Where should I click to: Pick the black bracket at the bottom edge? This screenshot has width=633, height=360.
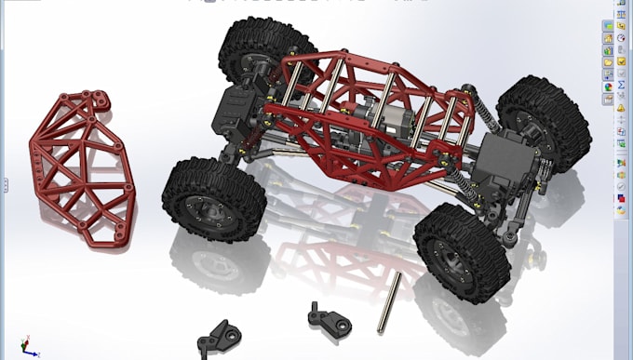click(x=220, y=336)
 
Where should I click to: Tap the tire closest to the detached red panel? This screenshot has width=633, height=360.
click(x=207, y=200)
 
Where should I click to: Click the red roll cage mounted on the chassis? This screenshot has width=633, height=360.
click(x=363, y=121)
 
